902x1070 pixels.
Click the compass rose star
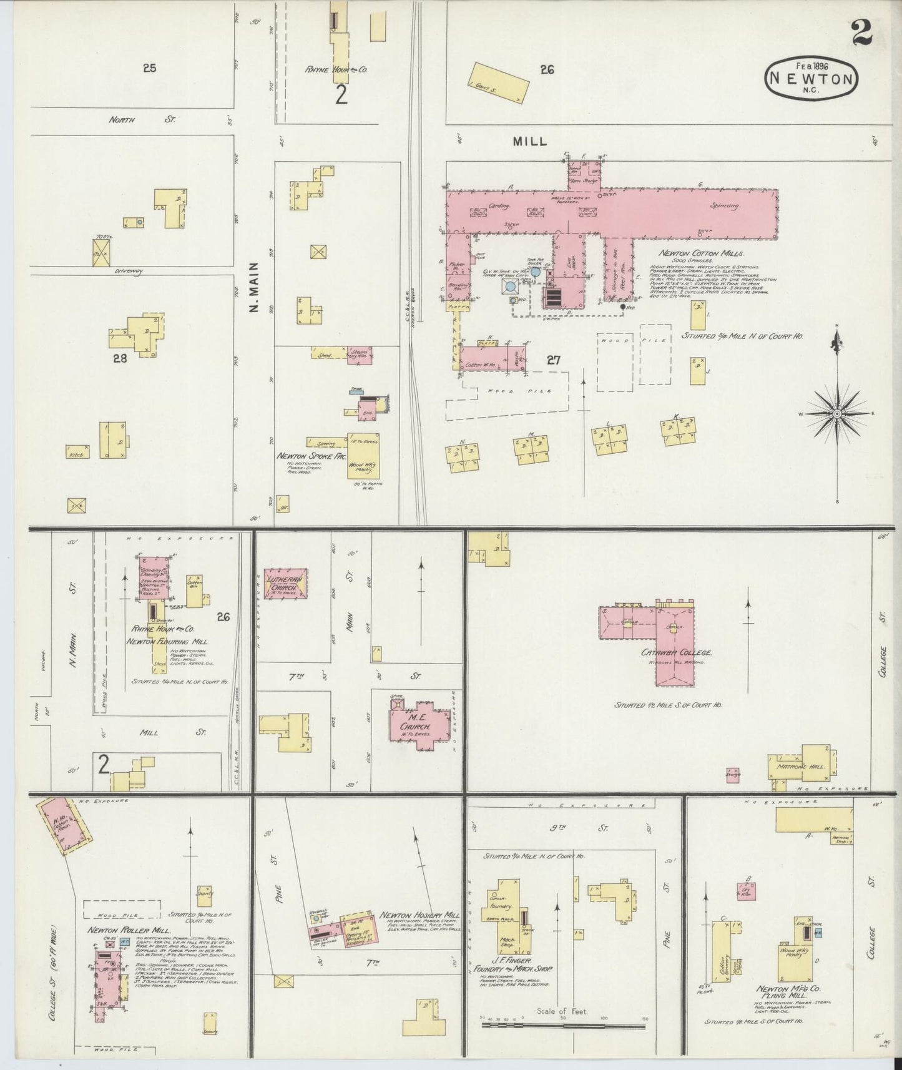coord(836,413)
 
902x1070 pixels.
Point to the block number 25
coord(149,68)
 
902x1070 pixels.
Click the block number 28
coord(120,358)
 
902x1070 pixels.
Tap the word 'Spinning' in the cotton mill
coord(725,205)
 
